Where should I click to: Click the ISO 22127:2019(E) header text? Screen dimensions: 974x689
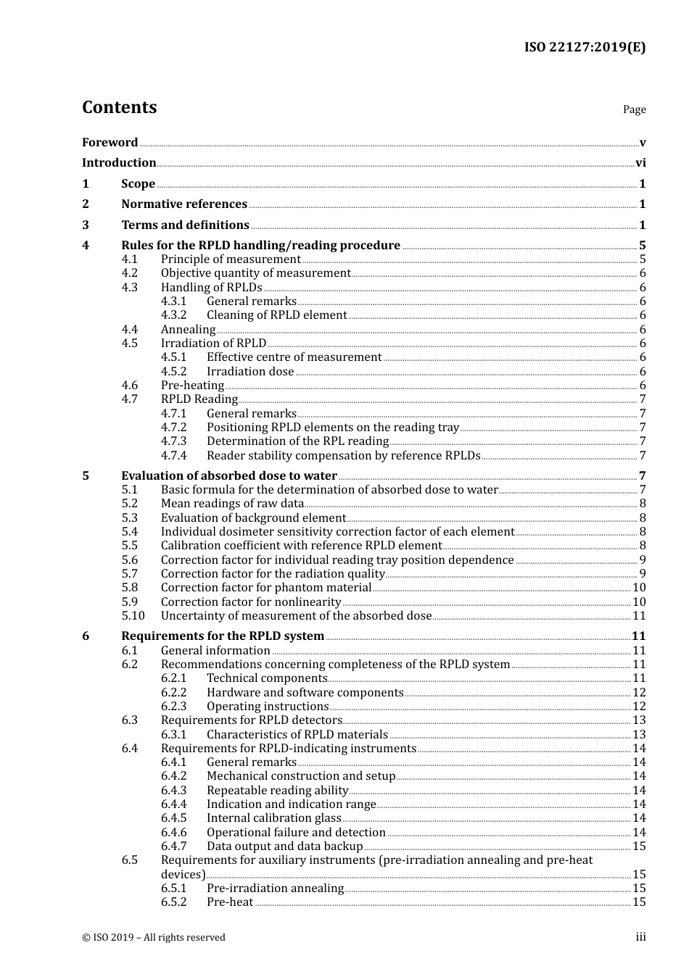585,47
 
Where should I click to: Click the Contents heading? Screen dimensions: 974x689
119,107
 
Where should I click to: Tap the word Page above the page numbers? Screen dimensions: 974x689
634,109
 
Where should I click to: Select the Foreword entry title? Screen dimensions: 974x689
110,143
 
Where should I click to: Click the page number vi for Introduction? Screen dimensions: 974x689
640,163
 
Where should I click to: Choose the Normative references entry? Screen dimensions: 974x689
184,204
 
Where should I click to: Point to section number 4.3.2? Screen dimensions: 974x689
173,315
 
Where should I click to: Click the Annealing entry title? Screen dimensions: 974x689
188,330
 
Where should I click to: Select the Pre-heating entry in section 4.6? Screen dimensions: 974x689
192,386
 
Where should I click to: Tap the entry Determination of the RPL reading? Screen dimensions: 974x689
297,441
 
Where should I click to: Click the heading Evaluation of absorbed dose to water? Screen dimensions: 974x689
228,476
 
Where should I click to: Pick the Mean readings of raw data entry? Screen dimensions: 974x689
232,504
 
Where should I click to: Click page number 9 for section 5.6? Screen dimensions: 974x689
643,560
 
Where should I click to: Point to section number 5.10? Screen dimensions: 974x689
133,616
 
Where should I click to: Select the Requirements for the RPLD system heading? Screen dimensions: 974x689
223,636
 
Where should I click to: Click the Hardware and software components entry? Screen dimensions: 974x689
305,693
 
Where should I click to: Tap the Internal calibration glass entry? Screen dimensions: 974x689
273,818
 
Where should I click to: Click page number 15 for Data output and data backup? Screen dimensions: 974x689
639,846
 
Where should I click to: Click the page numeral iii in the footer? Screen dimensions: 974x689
640,937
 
